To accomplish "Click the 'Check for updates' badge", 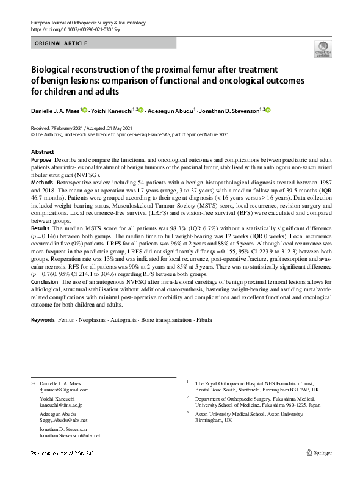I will tap(323, 49).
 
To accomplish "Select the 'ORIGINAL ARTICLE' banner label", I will tap(62, 43).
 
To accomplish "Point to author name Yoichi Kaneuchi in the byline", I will tap(114, 111).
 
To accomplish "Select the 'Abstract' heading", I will tap(42, 152).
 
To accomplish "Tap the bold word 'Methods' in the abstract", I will tap(41, 183).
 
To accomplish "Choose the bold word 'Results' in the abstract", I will tap(41, 227).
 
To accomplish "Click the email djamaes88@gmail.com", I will tap(64, 389).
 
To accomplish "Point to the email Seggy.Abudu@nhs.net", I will tap(64, 420).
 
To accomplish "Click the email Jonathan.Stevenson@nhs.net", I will tap(70, 436).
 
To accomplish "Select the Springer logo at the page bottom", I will tap(319, 453).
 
